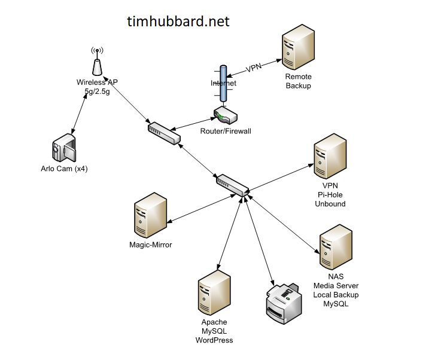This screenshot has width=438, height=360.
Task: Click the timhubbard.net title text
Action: pos(178,22)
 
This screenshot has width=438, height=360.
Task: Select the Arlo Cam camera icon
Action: pos(63,150)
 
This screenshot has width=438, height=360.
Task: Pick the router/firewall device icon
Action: pos(226,115)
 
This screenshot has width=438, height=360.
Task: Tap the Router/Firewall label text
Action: pos(226,131)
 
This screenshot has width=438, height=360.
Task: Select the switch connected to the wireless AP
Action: pos(164,133)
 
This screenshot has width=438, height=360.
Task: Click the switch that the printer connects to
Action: pos(233,185)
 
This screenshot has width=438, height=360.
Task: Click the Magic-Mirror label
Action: pos(151,244)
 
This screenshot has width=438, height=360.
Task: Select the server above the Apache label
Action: pos(214,293)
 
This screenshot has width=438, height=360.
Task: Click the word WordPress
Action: pos(214,340)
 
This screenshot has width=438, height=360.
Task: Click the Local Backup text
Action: pos(336,295)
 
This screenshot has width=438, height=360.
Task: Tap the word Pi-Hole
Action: pos(330,195)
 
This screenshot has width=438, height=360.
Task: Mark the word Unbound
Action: pos(330,204)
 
